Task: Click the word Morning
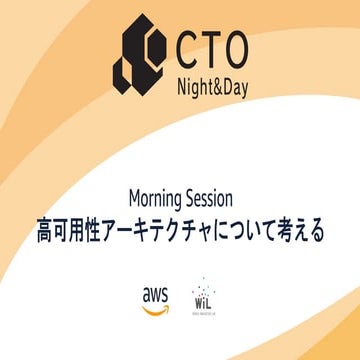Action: pyautogui.click(x=158, y=194)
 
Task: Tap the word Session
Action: pyautogui.click(x=213, y=194)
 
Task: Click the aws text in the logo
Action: pyautogui.click(x=155, y=294)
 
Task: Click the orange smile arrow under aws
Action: pyautogui.click(x=155, y=307)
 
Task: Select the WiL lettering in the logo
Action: pyautogui.click(x=203, y=300)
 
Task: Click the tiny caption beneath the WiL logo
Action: pyautogui.click(x=203, y=313)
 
